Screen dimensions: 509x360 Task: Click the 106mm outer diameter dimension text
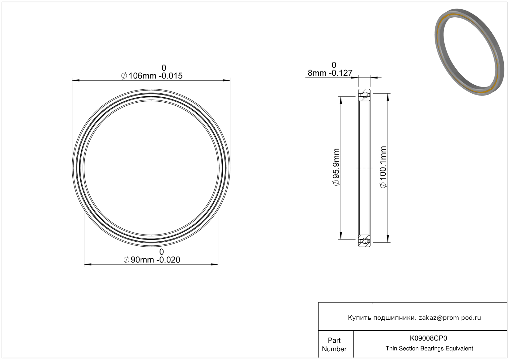(152, 76)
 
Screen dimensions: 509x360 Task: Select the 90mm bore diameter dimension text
(152, 260)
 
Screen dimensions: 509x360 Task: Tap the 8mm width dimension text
(330, 73)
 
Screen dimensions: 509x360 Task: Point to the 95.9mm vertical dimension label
(336, 167)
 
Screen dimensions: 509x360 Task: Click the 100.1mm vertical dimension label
(383, 167)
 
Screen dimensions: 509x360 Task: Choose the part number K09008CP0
(428, 338)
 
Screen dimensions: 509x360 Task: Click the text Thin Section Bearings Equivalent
(429, 349)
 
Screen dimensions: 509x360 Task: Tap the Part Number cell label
(334, 345)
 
